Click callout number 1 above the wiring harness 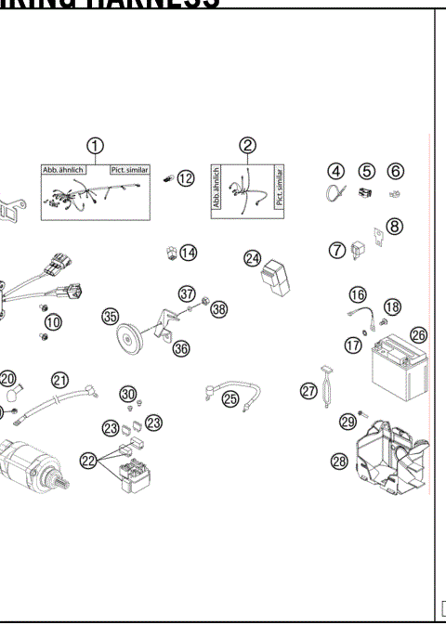tap(94, 146)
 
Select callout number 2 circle tap(247, 146)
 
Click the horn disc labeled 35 tap(133, 338)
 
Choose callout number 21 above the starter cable tap(60, 380)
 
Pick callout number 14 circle tap(189, 252)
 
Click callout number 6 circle tap(396, 171)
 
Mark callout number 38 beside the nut tap(218, 309)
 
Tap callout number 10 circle tap(53, 322)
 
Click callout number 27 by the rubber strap tap(308, 391)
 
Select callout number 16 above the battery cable tap(358, 294)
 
